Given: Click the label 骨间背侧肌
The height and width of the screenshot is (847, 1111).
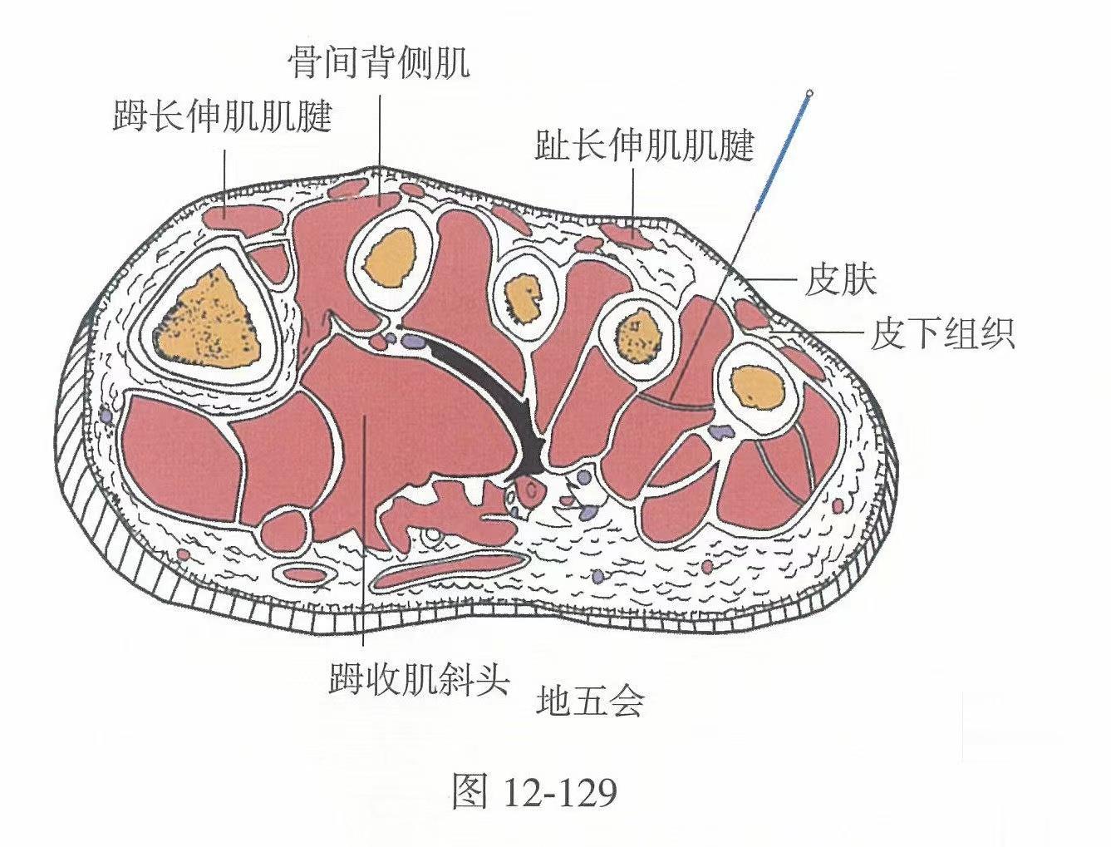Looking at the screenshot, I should click(x=379, y=63).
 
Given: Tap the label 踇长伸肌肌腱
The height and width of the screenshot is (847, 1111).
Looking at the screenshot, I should click(x=222, y=117).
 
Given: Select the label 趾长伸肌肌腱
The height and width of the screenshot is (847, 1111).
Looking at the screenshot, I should click(x=644, y=146).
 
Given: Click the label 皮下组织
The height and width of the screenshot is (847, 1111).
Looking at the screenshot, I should click(x=942, y=335).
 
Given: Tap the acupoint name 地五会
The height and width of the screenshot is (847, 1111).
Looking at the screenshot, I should click(x=591, y=702).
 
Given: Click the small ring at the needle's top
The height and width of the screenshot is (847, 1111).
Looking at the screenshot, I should click(x=810, y=93).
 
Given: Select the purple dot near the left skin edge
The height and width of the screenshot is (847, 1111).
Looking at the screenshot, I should click(x=106, y=413).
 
